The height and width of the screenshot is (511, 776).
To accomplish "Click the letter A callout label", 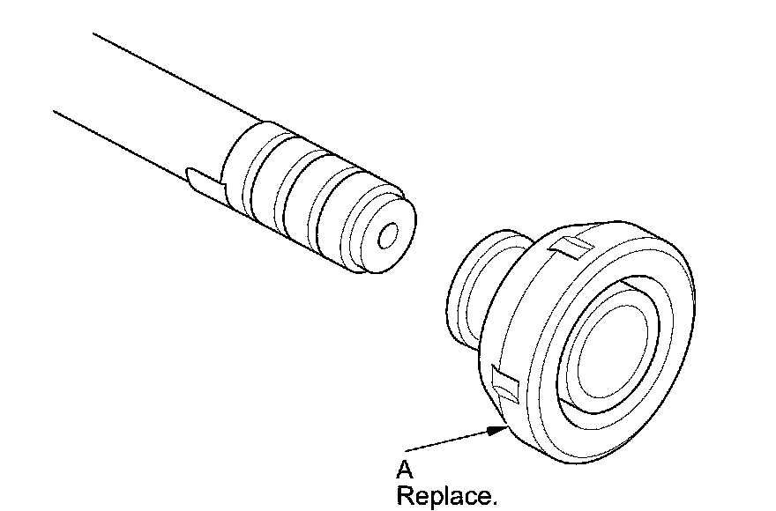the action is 405,470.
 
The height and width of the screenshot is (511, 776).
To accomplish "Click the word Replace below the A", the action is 445,496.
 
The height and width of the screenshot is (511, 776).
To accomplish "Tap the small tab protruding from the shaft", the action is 202,180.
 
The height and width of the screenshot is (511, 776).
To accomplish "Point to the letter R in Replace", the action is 405,496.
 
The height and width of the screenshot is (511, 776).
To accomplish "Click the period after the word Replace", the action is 494,502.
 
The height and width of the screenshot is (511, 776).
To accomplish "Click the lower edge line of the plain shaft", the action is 132,141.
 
